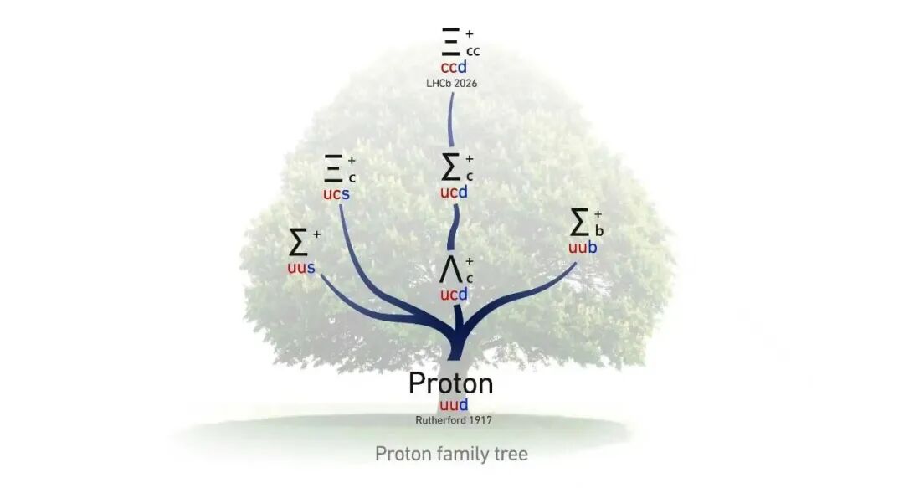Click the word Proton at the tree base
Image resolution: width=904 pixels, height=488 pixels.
[x=451, y=383]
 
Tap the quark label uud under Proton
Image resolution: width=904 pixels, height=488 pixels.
[x=454, y=404]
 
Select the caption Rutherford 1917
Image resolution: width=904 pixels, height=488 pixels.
[x=454, y=420]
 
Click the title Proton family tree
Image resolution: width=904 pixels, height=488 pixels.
[x=451, y=454]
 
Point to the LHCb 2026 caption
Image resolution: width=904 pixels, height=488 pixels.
[x=451, y=84]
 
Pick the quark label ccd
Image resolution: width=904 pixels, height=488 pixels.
[x=454, y=67]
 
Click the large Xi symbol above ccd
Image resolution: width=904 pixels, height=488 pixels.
[x=451, y=42]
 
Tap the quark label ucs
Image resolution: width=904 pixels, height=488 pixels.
[x=336, y=194]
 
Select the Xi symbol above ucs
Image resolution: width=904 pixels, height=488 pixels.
[x=334, y=168]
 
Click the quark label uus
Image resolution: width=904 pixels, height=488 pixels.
[x=301, y=268]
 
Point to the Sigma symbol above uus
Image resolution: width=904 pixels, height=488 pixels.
[x=298, y=242]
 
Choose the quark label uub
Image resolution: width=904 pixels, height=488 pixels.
[x=583, y=248]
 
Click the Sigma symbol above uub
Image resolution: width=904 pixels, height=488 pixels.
[x=579, y=223]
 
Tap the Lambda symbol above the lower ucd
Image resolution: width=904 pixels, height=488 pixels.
[x=451, y=270]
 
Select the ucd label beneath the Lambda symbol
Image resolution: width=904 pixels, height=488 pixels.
[x=454, y=295]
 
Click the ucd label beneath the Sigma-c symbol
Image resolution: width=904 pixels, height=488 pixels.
[x=454, y=192]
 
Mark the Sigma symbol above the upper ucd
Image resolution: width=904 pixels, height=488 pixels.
[x=451, y=167]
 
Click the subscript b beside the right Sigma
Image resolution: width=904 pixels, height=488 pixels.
[x=599, y=230]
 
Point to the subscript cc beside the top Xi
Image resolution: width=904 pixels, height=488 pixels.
[x=473, y=52]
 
